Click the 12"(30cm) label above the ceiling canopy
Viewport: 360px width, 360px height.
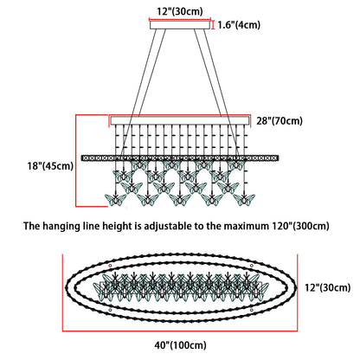tap(180, 11)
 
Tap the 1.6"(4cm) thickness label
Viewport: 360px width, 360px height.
tap(239, 25)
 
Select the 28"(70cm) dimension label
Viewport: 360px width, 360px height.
tap(280, 120)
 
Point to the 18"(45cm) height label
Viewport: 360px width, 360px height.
tap(50, 166)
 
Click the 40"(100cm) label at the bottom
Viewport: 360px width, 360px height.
tap(181, 345)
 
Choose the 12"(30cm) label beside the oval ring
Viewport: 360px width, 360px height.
tap(328, 287)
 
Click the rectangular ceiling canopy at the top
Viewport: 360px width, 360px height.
tap(180, 25)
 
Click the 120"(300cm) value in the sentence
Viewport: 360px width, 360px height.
tap(300, 226)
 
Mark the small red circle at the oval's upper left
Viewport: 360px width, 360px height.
tap(110, 266)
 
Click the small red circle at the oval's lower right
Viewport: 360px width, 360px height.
tap(252, 310)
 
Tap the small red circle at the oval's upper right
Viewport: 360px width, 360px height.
tap(252, 266)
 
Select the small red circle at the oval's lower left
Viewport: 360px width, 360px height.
tap(110, 310)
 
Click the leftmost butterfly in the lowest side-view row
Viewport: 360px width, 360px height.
tap(115, 200)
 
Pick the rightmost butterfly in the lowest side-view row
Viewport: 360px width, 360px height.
tap(244, 200)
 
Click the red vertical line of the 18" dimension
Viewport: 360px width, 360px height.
tap(76, 161)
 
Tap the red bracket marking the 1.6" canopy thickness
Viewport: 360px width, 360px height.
tap(214, 25)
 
